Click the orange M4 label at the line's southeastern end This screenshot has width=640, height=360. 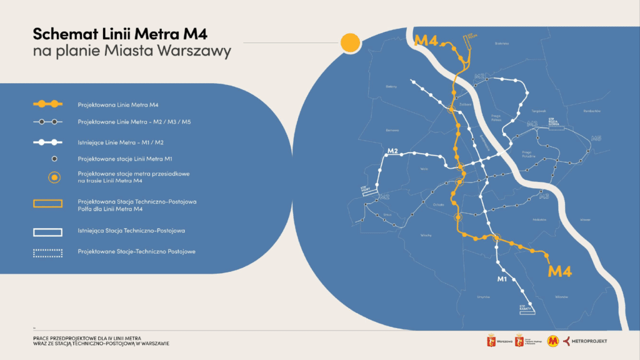point(559,271)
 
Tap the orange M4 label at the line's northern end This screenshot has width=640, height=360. point(426,41)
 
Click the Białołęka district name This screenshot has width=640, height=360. point(502,44)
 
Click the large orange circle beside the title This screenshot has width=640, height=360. point(350,42)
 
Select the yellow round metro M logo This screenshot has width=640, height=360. point(552,341)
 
